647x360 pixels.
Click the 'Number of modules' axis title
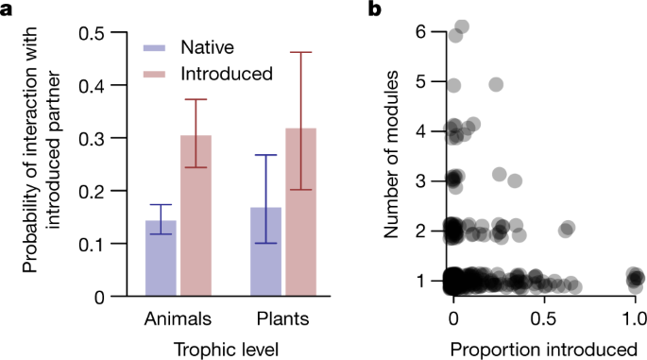pyautogui.click(x=398, y=155)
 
